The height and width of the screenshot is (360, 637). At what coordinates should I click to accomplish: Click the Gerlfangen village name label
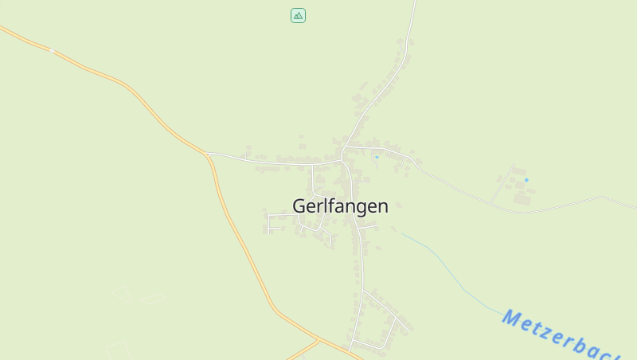click(340, 206)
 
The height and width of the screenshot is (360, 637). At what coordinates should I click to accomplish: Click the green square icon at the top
click(298, 15)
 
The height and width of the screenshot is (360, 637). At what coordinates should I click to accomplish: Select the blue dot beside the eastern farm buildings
click(526, 180)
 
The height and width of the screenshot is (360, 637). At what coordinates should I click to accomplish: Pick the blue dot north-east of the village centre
click(377, 157)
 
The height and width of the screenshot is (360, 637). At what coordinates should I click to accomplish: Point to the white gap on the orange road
click(52, 50)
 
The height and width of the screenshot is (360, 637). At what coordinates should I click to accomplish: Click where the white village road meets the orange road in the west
click(207, 153)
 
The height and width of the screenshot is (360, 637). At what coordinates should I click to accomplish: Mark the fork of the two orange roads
click(318, 340)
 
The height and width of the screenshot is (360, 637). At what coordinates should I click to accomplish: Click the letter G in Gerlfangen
click(299, 206)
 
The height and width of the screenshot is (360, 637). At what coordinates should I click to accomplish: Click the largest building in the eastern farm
click(522, 198)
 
